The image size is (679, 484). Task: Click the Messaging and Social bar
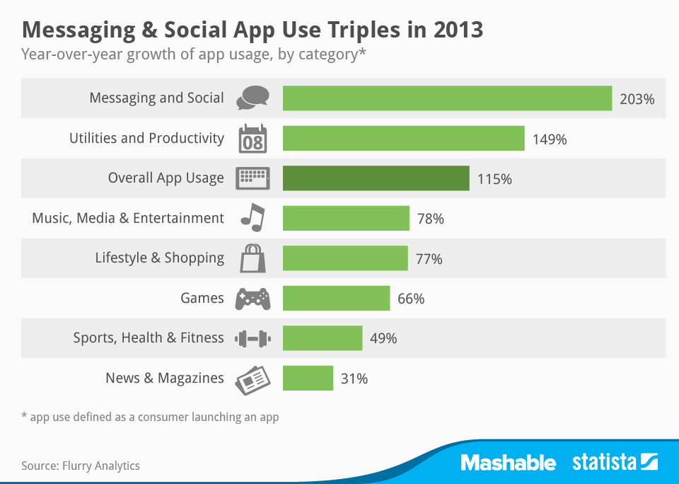[x=447, y=98]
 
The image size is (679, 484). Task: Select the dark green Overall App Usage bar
[x=376, y=178]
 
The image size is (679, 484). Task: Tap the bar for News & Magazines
[x=308, y=378]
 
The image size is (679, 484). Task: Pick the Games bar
[x=336, y=298]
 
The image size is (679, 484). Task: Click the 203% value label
[x=637, y=99]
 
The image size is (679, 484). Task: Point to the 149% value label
[x=550, y=139]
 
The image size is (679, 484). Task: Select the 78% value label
[x=430, y=219]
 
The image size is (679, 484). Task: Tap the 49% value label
[x=383, y=338]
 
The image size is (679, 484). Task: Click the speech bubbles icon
[x=253, y=98]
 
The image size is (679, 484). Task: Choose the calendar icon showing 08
[x=253, y=139]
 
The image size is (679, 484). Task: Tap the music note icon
[x=252, y=218]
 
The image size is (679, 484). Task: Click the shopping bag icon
[x=253, y=258]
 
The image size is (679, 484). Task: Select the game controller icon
[x=253, y=299]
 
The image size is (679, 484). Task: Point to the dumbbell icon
[x=253, y=338]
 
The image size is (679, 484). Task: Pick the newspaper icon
[x=253, y=379]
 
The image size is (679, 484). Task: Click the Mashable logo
[x=509, y=463]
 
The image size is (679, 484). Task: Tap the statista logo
[x=615, y=463]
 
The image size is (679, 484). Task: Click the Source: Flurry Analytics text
[x=81, y=466]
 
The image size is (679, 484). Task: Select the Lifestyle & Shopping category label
[x=159, y=258]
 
